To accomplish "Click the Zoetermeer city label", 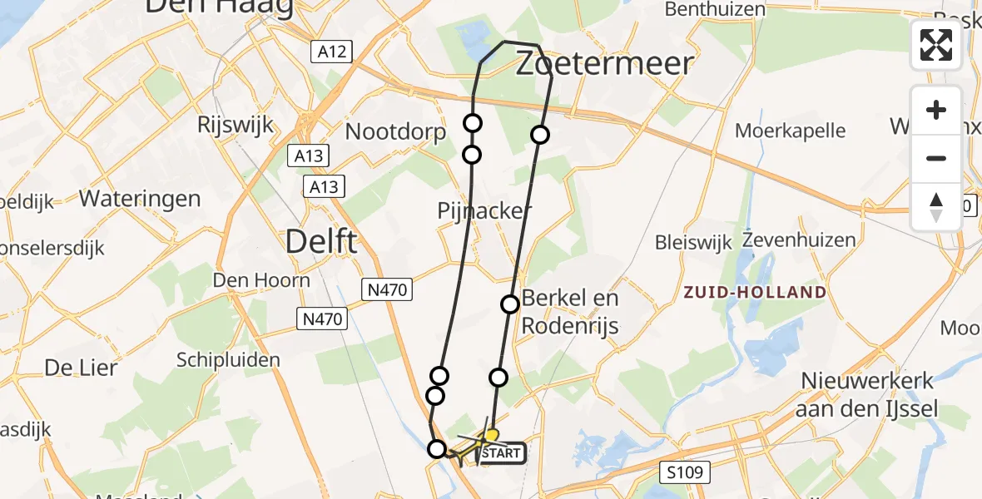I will coord(604,64).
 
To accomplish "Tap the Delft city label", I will coord(321,242).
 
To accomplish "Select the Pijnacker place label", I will coord(484,211).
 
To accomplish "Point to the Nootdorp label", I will coord(395,131).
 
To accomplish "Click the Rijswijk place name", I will coord(236,125).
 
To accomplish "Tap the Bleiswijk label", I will coord(693,243).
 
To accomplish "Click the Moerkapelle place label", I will coord(790,131).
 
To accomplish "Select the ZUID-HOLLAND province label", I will coord(755,292).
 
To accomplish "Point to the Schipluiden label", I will coord(228,360).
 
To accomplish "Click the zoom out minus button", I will coord(936,158).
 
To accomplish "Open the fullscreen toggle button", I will coord(936,45).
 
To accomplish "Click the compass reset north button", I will coord(936,206).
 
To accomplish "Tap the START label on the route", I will coord(501,453).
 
